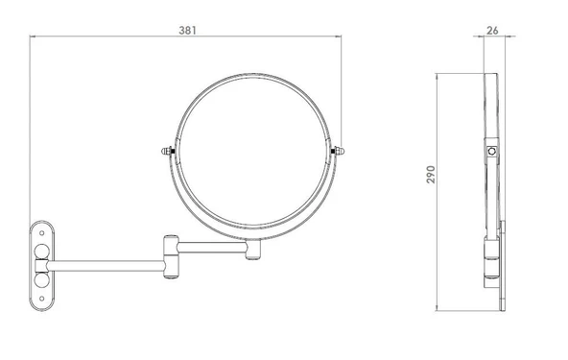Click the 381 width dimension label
click(x=188, y=31)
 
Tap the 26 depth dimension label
click(x=492, y=31)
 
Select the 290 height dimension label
click(x=431, y=175)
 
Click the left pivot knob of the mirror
click(x=167, y=151)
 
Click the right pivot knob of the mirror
click(x=338, y=151)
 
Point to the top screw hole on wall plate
click(x=41, y=233)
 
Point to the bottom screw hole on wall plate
click(x=41, y=299)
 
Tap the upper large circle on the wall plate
click(x=41, y=252)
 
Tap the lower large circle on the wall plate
click(x=41, y=279)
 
